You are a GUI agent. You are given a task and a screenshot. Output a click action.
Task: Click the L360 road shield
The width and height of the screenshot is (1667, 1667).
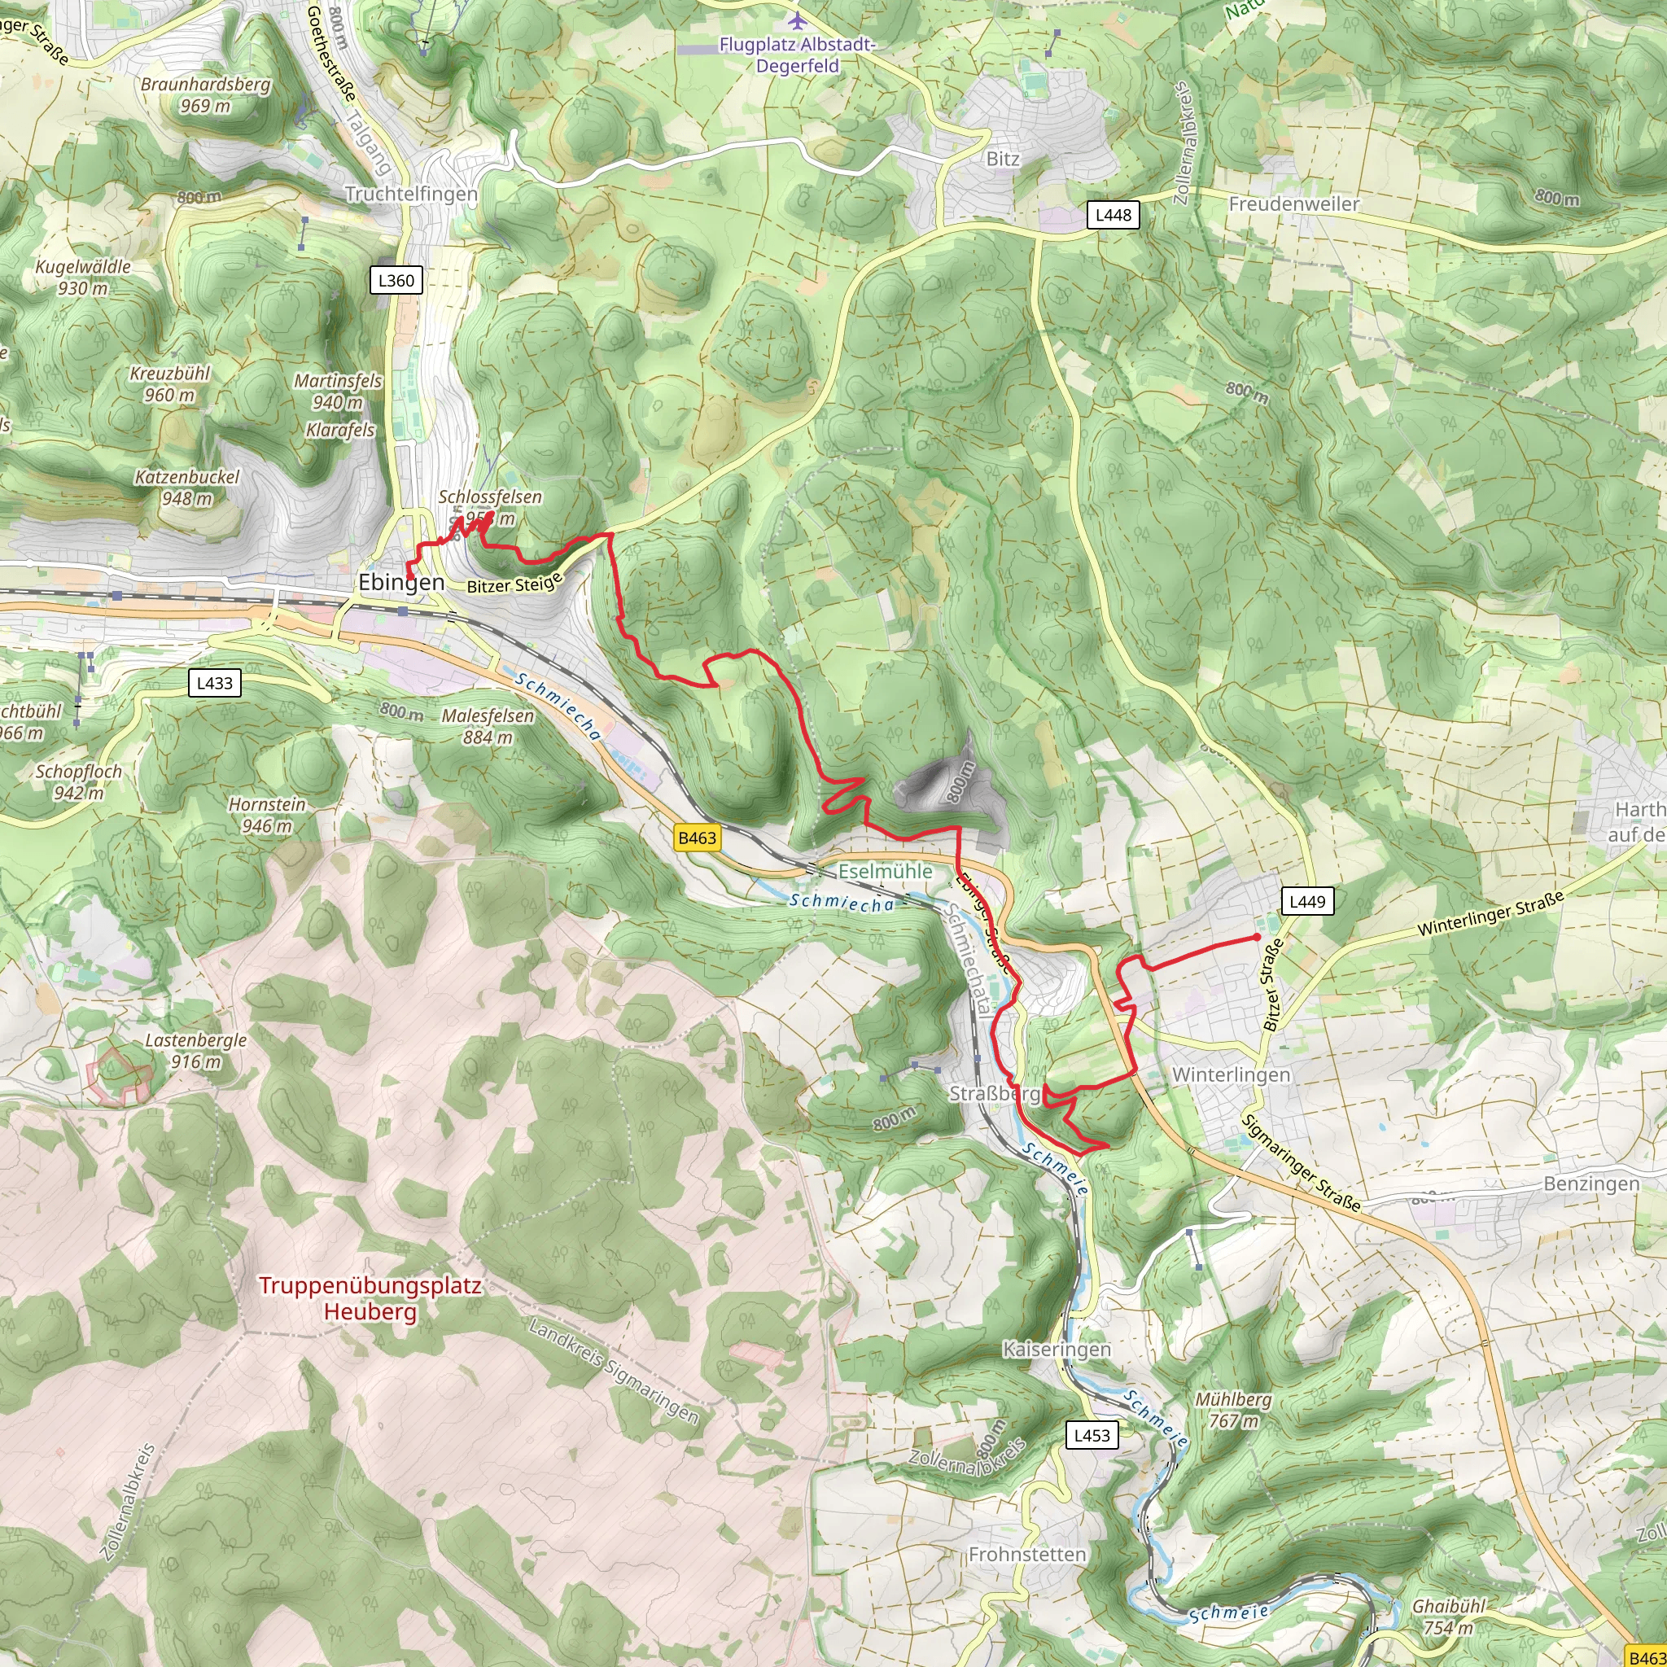tap(396, 281)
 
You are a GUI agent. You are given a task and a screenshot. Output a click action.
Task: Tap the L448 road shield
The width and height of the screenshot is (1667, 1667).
tap(1112, 215)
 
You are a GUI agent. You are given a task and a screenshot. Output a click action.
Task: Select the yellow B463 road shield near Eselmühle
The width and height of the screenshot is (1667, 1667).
tap(696, 838)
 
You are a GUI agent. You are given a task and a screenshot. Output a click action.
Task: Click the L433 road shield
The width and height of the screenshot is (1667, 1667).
tap(214, 684)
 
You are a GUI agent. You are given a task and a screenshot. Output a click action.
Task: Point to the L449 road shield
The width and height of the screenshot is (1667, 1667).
tap(1306, 902)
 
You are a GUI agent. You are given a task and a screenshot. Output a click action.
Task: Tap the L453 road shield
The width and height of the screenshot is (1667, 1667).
tap(1092, 1436)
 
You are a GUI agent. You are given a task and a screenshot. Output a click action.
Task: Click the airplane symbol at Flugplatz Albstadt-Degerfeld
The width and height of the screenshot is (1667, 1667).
tap(795, 20)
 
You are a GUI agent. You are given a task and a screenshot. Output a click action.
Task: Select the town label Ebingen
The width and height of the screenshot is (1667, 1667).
tap(401, 583)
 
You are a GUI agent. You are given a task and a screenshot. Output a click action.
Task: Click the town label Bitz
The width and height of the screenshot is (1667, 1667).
tap(1003, 159)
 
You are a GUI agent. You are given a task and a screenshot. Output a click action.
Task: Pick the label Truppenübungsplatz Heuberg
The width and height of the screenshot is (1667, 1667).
tap(370, 1298)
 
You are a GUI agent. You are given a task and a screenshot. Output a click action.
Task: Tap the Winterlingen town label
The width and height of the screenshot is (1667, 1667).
tap(1232, 1075)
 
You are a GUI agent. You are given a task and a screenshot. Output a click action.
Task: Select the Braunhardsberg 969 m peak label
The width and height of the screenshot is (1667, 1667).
tap(205, 95)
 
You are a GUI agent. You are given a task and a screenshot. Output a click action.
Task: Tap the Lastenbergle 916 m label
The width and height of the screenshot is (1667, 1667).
tap(196, 1051)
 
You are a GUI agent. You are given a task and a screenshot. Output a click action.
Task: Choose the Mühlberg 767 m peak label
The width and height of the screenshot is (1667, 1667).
tap(1233, 1410)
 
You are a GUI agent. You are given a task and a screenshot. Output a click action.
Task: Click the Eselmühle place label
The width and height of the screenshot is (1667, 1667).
tap(886, 872)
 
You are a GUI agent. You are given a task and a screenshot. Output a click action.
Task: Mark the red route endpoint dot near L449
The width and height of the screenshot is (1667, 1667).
tap(1256, 937)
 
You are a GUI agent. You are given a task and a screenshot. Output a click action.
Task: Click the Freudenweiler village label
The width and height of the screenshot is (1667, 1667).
tap(1293, 203)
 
